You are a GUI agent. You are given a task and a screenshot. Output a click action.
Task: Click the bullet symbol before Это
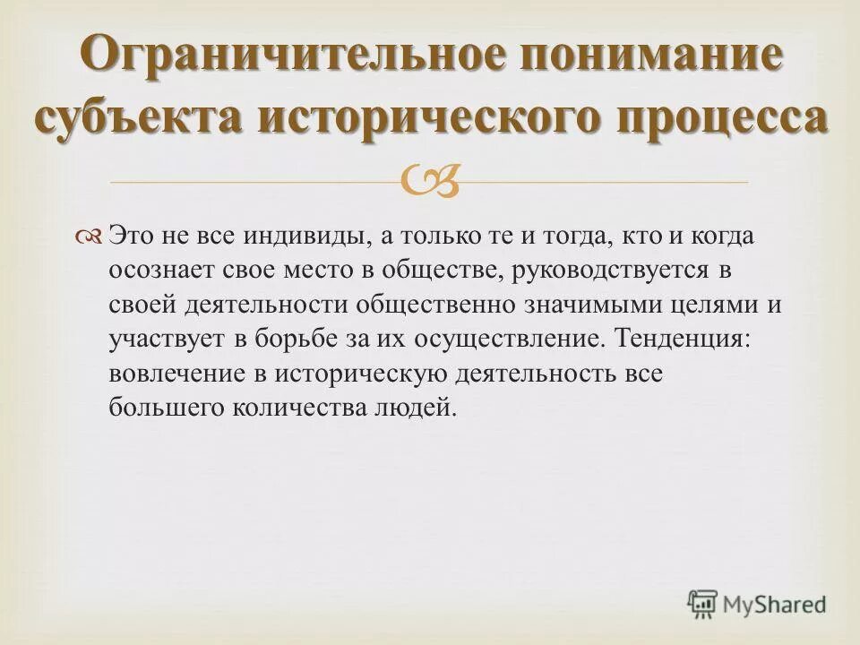(92, 236)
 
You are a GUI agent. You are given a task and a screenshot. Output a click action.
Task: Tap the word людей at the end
(416, 408)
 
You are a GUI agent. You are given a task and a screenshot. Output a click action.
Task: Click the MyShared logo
(756, 603)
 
